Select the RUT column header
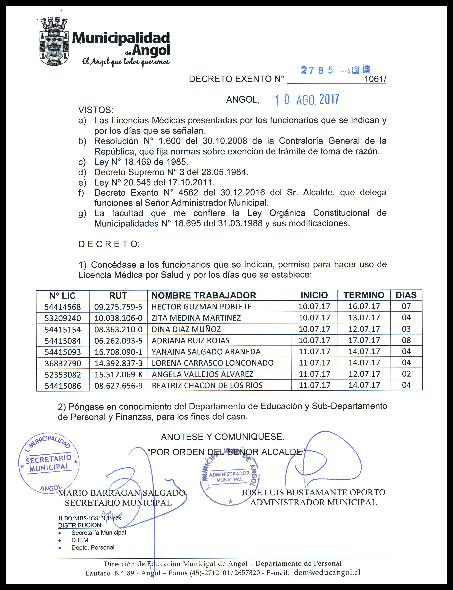[118, 296]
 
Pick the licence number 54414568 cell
[63, 307]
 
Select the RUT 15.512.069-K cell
[118, 374]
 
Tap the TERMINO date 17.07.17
[364, 340]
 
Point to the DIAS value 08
[406, 340]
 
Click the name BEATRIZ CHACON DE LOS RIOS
[207, 386]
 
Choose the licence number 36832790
[63, 363]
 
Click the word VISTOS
[96, 110]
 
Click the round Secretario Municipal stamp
[49, 464]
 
